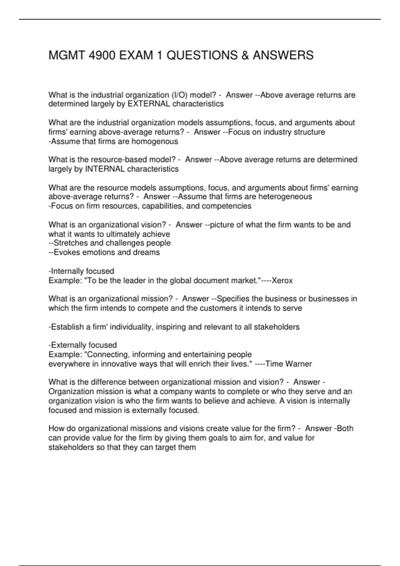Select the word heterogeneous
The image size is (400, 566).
point(285,197)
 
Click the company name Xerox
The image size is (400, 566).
point(282,281)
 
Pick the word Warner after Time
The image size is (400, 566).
point(299,364)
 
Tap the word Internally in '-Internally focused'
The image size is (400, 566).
point(67,271)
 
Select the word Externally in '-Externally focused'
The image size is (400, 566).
point(68,345)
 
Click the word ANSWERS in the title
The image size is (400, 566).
point(283,55)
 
